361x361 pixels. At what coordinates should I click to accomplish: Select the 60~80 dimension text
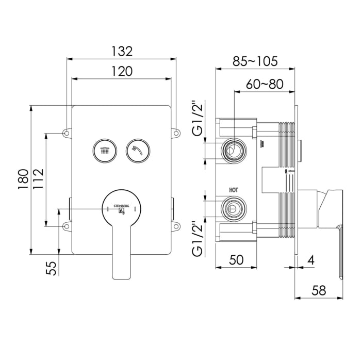click(264, 84)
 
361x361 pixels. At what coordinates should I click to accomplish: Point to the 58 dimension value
click(319, 290)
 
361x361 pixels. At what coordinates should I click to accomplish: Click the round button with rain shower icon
click(105, 150)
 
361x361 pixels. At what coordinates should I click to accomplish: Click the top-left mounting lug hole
click(67, 134)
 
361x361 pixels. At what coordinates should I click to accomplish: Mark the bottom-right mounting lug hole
click(175, 225)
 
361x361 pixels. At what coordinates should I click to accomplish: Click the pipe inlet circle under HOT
click(232, 208)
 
